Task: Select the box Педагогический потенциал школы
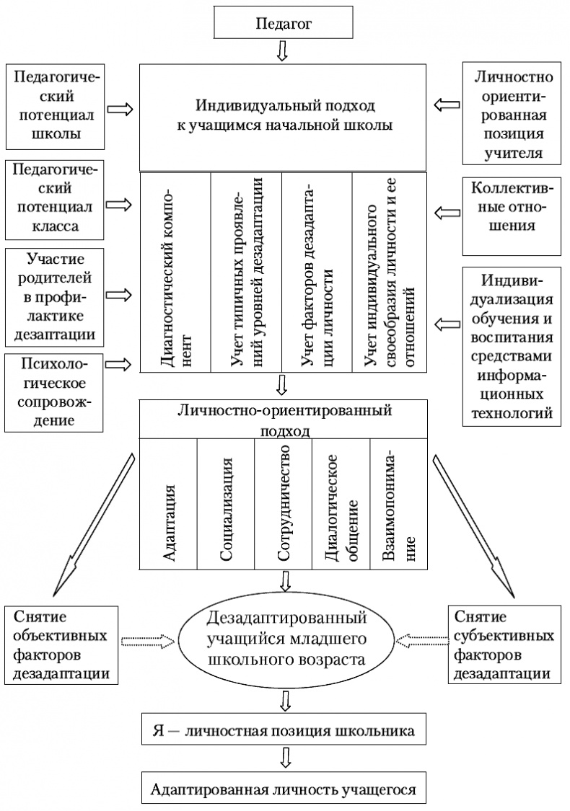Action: click(x=52, y=105)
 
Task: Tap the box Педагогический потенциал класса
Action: click(x=52, y=200)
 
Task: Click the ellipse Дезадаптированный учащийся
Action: click(x=286, y=639)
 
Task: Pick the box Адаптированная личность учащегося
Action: click(x=284, y=789)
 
